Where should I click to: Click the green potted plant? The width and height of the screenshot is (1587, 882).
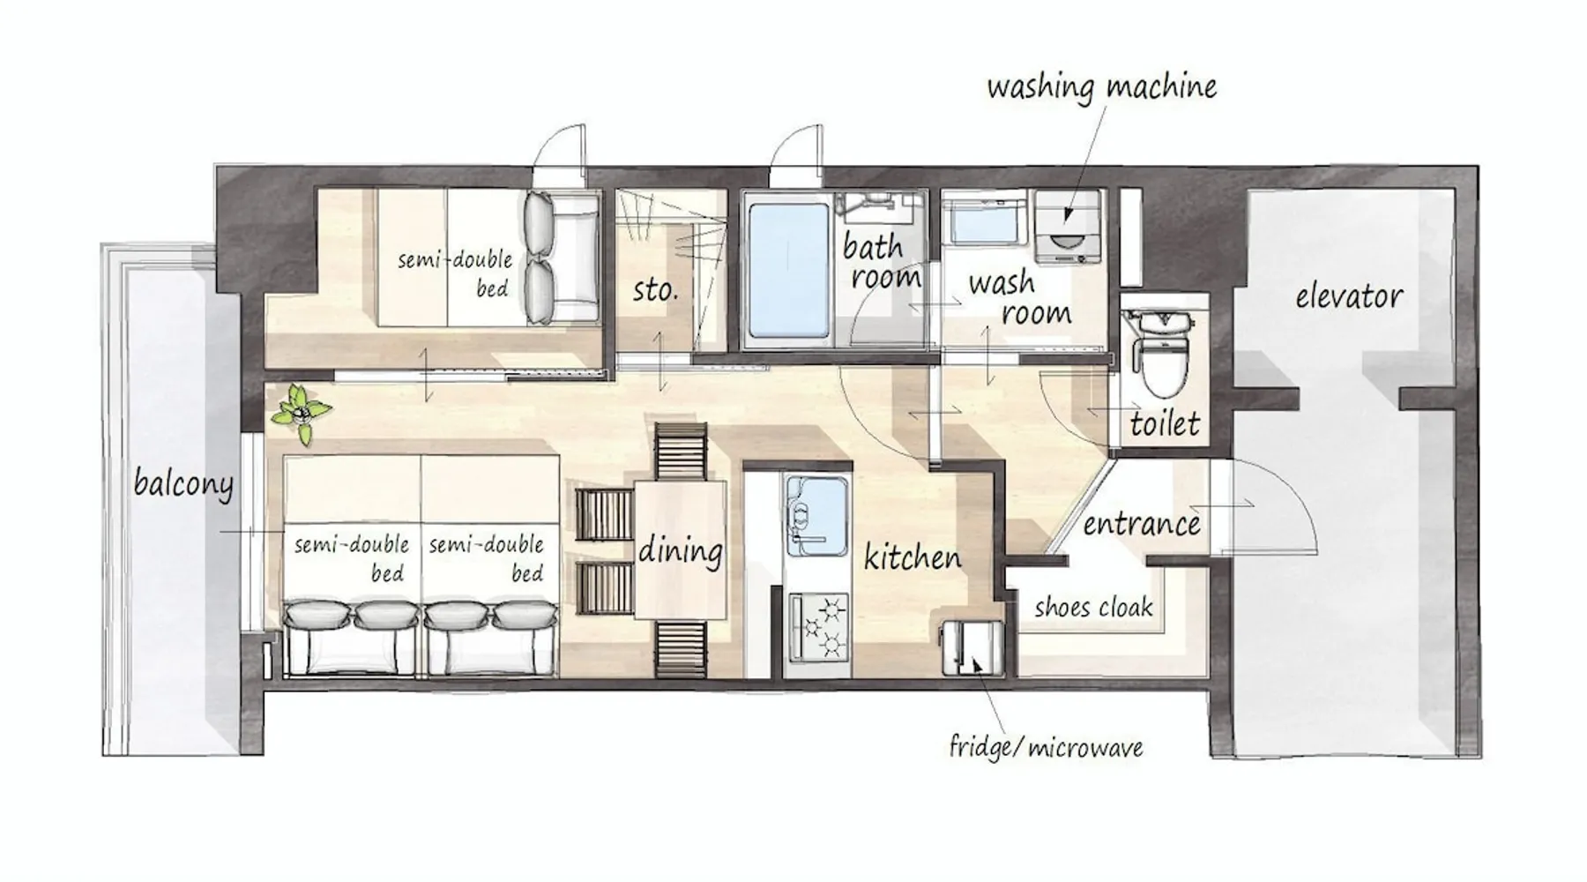tap(302, 414)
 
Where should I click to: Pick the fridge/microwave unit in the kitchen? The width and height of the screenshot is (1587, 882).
tap(972, 648)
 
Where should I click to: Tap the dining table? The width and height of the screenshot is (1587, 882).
tap(681, 549)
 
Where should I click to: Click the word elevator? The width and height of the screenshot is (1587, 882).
tap(1349, 296)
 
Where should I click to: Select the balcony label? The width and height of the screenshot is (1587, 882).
tap(183, 484)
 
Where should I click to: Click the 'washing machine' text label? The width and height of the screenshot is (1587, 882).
tap(1101, 87)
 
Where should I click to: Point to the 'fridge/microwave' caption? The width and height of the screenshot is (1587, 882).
tap(1046, 748)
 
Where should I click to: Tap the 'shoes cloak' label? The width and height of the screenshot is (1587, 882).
tap(1093, 607)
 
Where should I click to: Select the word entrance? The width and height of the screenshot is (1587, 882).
tap(1142, 524)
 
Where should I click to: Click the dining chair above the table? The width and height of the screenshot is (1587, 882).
tap(681, 451)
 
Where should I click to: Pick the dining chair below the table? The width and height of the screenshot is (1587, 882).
tap(681, 648)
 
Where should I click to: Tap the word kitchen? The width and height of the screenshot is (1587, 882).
tap(913, 557)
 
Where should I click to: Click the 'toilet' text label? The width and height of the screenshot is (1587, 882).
tap(1165, 424)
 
